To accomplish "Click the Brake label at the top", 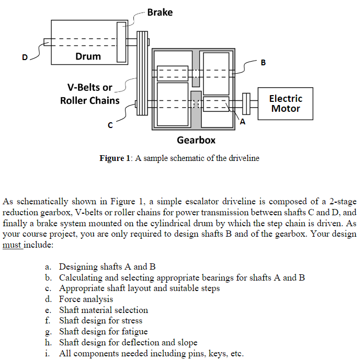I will (x=160, y=12).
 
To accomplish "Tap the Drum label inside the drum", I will (x=88, y=56).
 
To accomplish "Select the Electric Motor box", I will (x=285, y=103).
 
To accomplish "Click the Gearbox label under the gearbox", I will (x=196, y=140).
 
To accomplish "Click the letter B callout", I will (x=263, y=63).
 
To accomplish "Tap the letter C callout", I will (x=110, y=125).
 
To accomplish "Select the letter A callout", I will (x=243, y=121).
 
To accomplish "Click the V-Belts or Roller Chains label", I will (x=89, y=94).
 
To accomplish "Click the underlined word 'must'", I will (x=13, y=244).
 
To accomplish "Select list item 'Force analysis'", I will (x=86, y=299).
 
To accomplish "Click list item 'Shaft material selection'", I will (x=104, y=310).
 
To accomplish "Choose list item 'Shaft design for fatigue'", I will (x=103, y=331).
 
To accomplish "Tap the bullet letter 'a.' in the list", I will (x=49, y=267).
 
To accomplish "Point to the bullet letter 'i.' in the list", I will (x=49, y=353).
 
